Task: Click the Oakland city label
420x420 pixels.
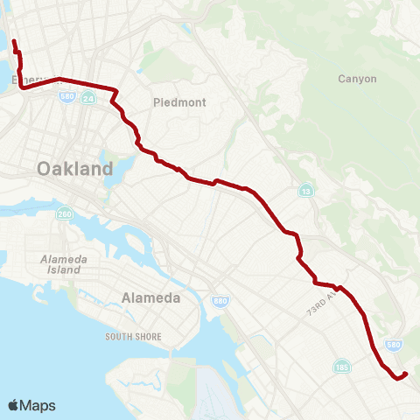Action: [x=75, y=169]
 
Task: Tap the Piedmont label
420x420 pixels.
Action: [x=179, y=102]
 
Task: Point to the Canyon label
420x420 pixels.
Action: [x=357, y=79]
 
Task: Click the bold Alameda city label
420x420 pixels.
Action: [x=151, y=297]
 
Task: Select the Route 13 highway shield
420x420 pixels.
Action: [x=305, y=191]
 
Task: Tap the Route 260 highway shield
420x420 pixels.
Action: [x=64, y=214]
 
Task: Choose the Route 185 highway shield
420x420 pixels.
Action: [x=341, y=367]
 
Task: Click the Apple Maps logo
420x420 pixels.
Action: [x=31, y=405]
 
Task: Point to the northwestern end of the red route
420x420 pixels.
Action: [x=14, y=41]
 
